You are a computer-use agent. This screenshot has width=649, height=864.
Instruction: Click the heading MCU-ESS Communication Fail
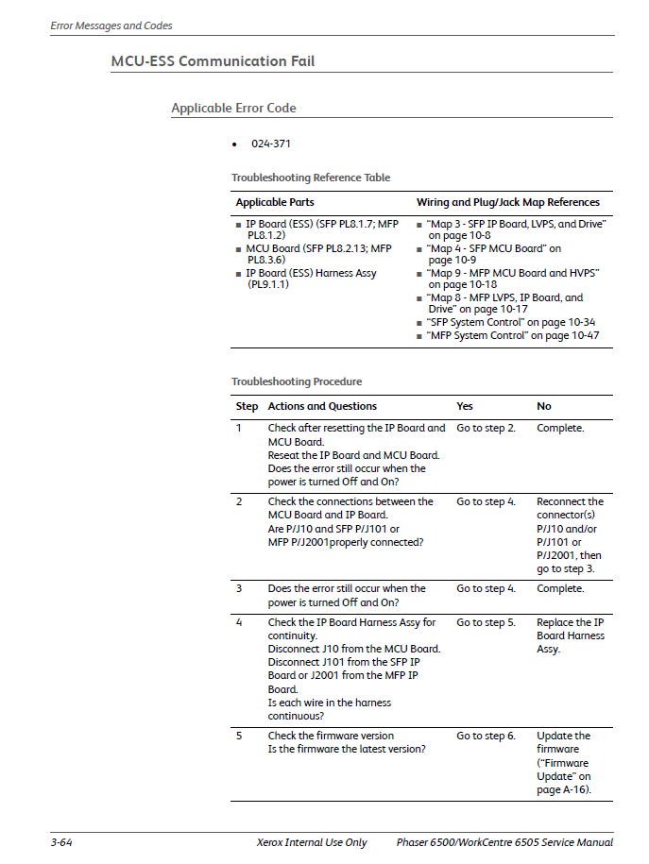[x=213, y=61]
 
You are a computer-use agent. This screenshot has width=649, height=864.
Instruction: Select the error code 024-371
[x=270, y=144]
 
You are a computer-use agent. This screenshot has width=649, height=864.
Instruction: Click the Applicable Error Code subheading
[x=233, y=109]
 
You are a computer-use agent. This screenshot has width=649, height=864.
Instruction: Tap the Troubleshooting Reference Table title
[x=311, y=178]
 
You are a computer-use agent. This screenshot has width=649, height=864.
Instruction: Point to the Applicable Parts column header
[x=275, y=202]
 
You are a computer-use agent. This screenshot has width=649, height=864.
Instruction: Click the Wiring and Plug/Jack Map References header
[x=507, y=202]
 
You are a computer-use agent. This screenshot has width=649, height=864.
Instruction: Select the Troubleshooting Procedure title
[x=297, y=381]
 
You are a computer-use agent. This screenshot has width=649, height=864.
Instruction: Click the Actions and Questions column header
[x=322, y=406]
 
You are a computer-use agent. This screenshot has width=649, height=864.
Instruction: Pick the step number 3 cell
[x=239, y=588]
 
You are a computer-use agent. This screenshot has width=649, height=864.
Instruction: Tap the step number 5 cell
[x=239, y=736]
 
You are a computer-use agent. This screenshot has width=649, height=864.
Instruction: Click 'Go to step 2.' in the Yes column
[x=486, y=428]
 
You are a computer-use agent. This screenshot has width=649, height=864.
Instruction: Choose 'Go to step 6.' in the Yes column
[x=486, y=736]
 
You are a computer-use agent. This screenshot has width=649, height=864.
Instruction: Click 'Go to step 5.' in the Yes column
[x=486, y=622]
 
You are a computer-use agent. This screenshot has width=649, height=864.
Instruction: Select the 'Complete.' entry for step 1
[x=560, y=428]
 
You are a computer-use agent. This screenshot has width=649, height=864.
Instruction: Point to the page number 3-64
[x=61, y=842]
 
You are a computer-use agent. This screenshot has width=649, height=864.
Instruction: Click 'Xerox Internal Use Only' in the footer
[x=312, y=842]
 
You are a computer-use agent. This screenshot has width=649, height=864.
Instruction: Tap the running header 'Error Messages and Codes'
[x=111, y=25]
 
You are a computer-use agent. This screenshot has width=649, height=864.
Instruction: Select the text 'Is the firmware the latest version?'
[x=346, y=749]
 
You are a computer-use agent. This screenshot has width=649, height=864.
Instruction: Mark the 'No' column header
[x=544, y=406]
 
